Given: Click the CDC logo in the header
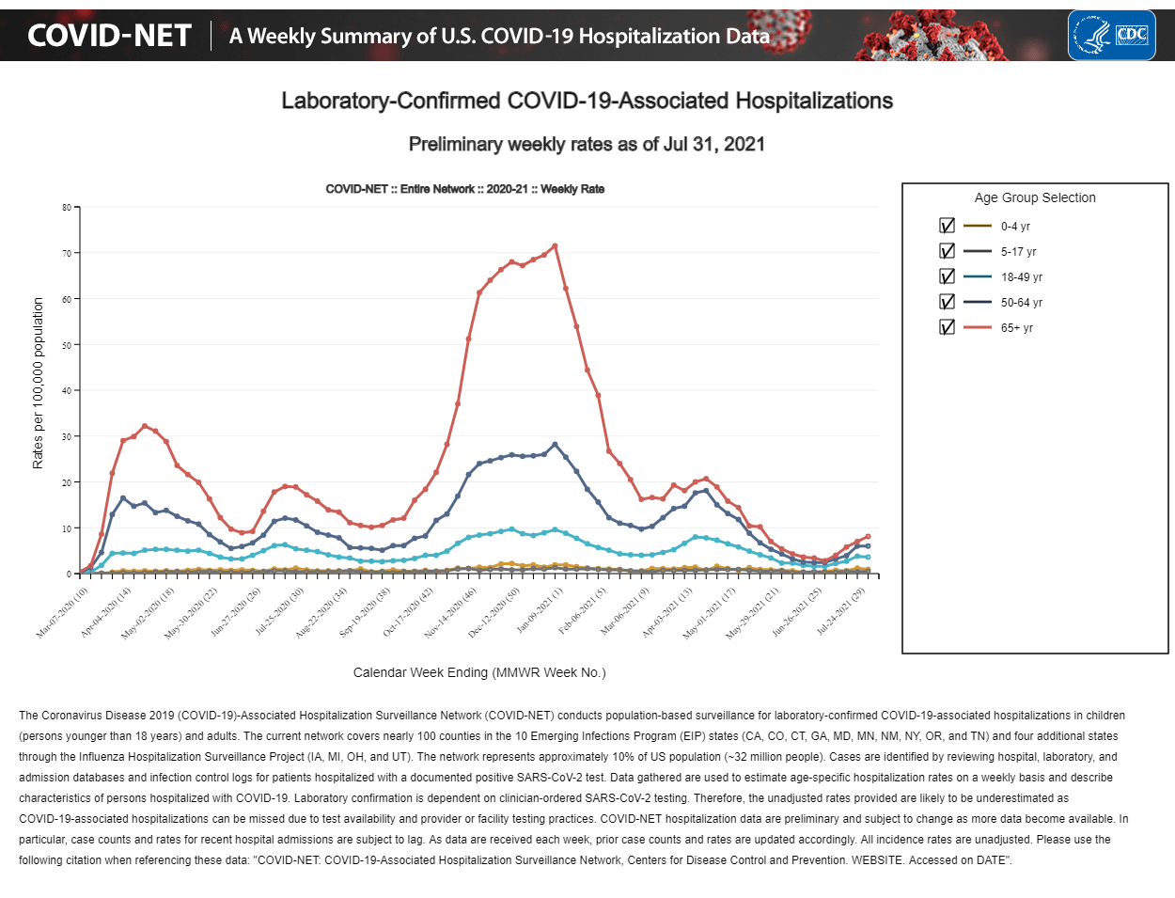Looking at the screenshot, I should (x=1111, y=36).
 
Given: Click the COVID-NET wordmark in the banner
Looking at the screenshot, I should (x=109, y=36).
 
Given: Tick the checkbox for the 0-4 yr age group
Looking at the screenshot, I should (x=947, y=226).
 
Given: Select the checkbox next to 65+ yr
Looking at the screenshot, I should (x=947, y=327).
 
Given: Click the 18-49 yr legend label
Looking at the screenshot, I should (x=1021, y=277).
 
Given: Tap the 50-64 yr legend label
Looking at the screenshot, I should (x=1021, y=303).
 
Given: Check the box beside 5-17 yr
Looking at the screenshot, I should (x=947, y=251).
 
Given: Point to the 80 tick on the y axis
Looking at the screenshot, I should (x=67, y=207).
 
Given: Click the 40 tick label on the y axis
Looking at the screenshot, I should (x=67, y=390).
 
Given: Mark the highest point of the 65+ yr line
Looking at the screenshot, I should (x=555, y=245).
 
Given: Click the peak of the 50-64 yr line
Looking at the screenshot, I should (x=555, y=444).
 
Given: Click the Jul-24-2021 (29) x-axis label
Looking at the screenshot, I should (x=841, y=611).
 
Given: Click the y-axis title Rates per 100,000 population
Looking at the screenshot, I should (x=39, y=383).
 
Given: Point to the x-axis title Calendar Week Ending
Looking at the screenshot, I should (x=479, y=672).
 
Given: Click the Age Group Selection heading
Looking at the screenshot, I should (x=1035, y=197).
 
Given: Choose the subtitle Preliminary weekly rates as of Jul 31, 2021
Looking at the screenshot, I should (x=587, y=144).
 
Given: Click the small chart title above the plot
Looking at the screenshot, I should (x=464, y=189).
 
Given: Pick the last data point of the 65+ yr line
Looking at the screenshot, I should (x=868, y=537).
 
